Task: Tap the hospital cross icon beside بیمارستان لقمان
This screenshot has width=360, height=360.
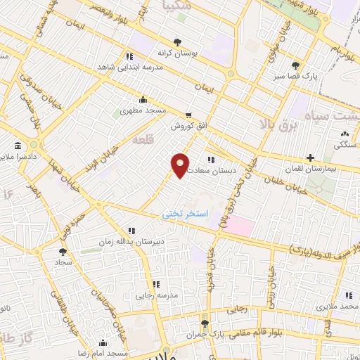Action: pos(310,158)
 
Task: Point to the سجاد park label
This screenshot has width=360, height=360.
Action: pos(65,262)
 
